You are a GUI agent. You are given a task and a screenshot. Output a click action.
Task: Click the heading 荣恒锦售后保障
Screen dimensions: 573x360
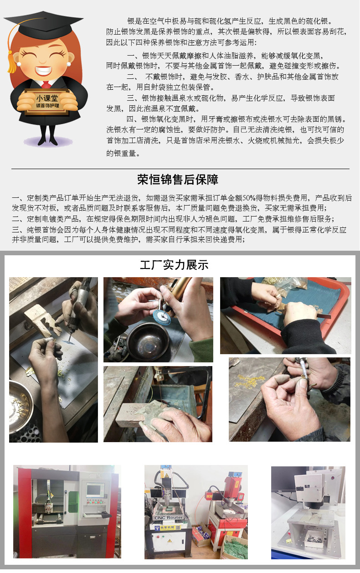178,180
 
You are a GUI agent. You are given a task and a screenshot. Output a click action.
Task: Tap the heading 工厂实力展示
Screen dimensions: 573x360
174,265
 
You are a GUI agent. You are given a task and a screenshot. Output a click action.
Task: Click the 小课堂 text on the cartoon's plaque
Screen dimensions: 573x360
44,98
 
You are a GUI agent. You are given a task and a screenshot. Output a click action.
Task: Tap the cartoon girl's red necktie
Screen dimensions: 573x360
46,84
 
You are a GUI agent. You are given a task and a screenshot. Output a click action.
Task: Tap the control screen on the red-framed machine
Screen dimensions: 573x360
95,490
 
